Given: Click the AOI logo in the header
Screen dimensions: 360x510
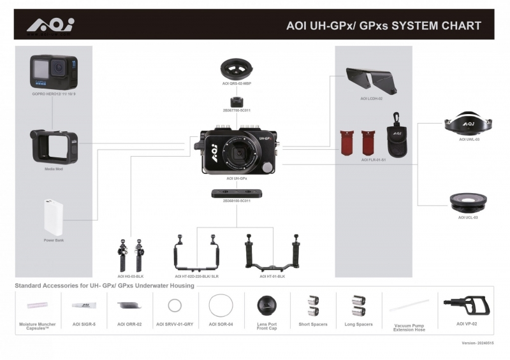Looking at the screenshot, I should pos(50,25).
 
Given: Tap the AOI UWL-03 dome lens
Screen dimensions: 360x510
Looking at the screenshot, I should pos(469,123).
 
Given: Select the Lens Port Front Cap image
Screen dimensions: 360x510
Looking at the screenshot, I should pos(267,306).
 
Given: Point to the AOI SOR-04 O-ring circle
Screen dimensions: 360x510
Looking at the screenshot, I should pos(220,306).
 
